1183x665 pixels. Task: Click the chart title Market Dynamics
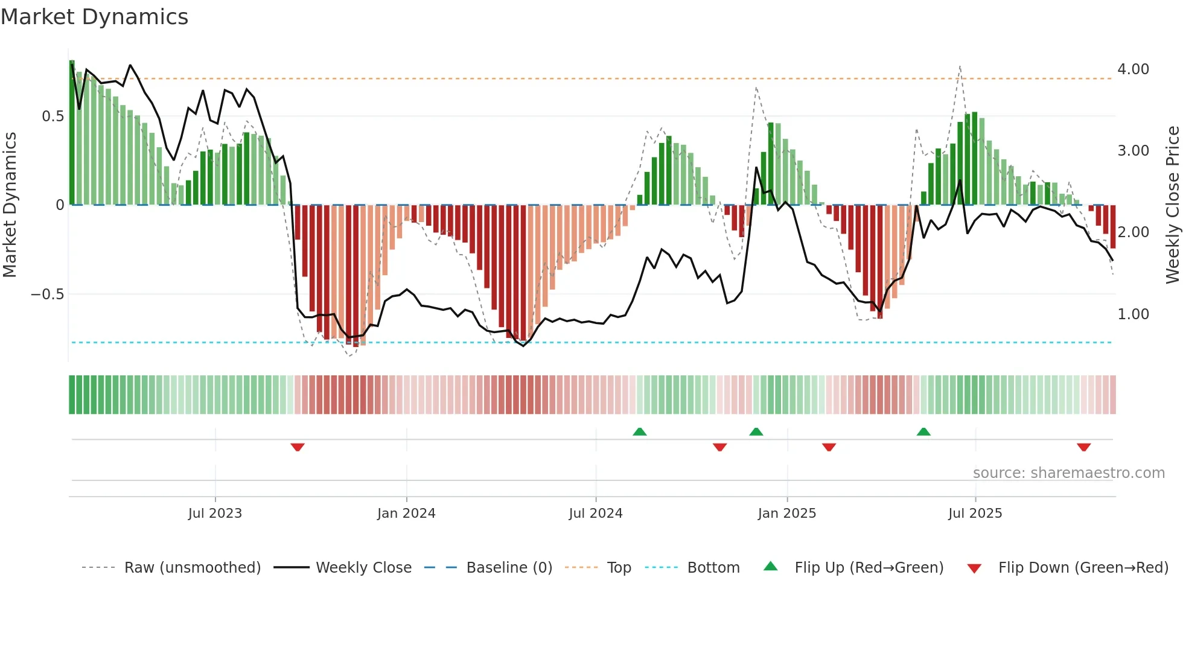(x=95, y=17)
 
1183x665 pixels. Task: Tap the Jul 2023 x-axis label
(x=215, y=514)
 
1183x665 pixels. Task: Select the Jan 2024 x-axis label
(x=406, y=514)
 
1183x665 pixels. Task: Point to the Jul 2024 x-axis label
(x=596, y=514)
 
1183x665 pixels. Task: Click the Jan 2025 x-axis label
(x=787, y=514)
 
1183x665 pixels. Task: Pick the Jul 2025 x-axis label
(x=975, y=514)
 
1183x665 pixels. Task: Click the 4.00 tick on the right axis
(x=1133, y=69)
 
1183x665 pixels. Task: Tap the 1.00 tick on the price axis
(x=1133, y=314)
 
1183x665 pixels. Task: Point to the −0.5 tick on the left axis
(x=47, y=294)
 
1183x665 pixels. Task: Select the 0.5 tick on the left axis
(x=53, y=116)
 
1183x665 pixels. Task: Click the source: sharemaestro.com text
(x=1068, y=473)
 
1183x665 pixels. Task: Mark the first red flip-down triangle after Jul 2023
(x=298, y=447)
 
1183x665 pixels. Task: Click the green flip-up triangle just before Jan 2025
(x=756, y=431)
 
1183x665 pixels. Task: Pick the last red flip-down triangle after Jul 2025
(x=1083, y=447)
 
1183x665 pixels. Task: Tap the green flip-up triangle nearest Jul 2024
(x=640, y=431)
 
